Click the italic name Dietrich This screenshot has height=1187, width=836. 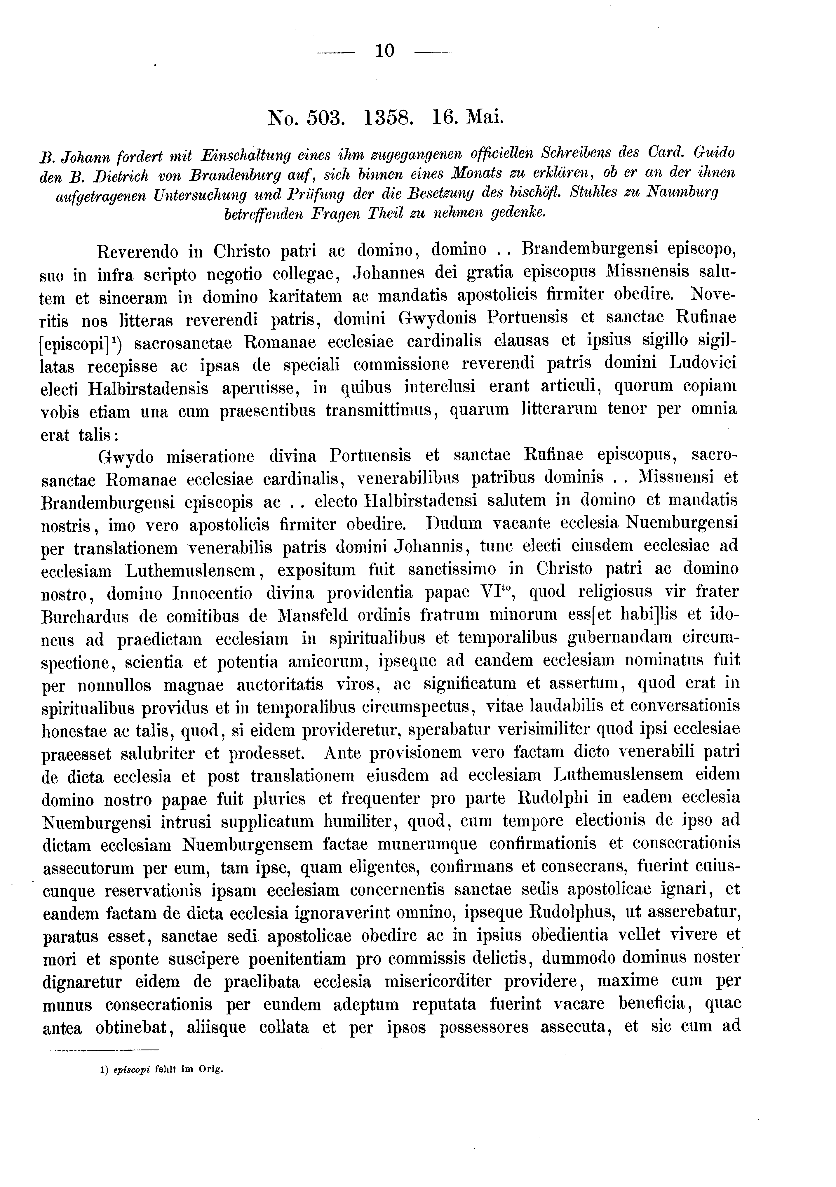pyautogui.click(x=121, y=176)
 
